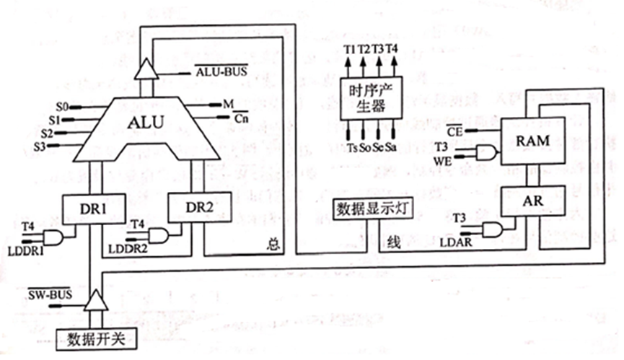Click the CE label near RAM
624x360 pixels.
(x=453, y=131)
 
